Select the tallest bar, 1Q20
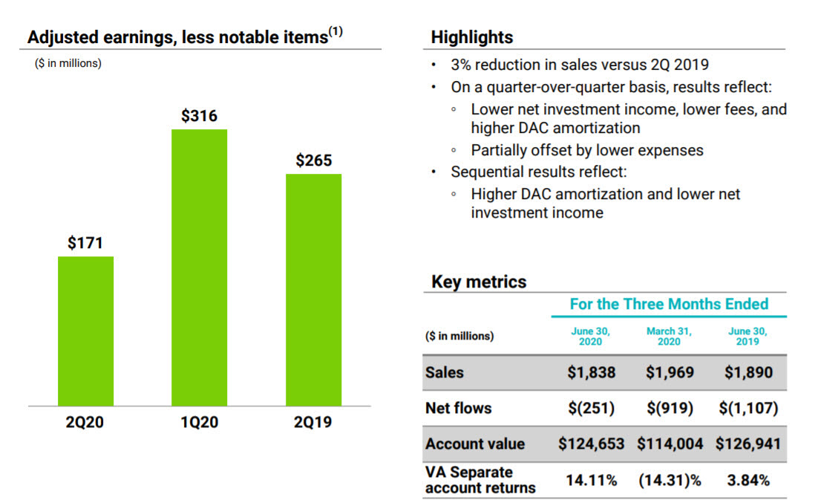(199, 267)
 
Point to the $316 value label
(199, 116)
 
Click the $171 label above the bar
(85, 243)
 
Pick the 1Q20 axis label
(199, 423)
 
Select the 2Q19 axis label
(313, 423)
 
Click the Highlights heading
(471, 37)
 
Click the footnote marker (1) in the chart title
(336, 32)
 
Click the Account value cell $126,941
(747, 444)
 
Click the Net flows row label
(458, 408)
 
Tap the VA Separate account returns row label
(480, 480)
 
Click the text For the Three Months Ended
(669, 304)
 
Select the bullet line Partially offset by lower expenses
(586, 150)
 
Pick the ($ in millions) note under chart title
(68, 63)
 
